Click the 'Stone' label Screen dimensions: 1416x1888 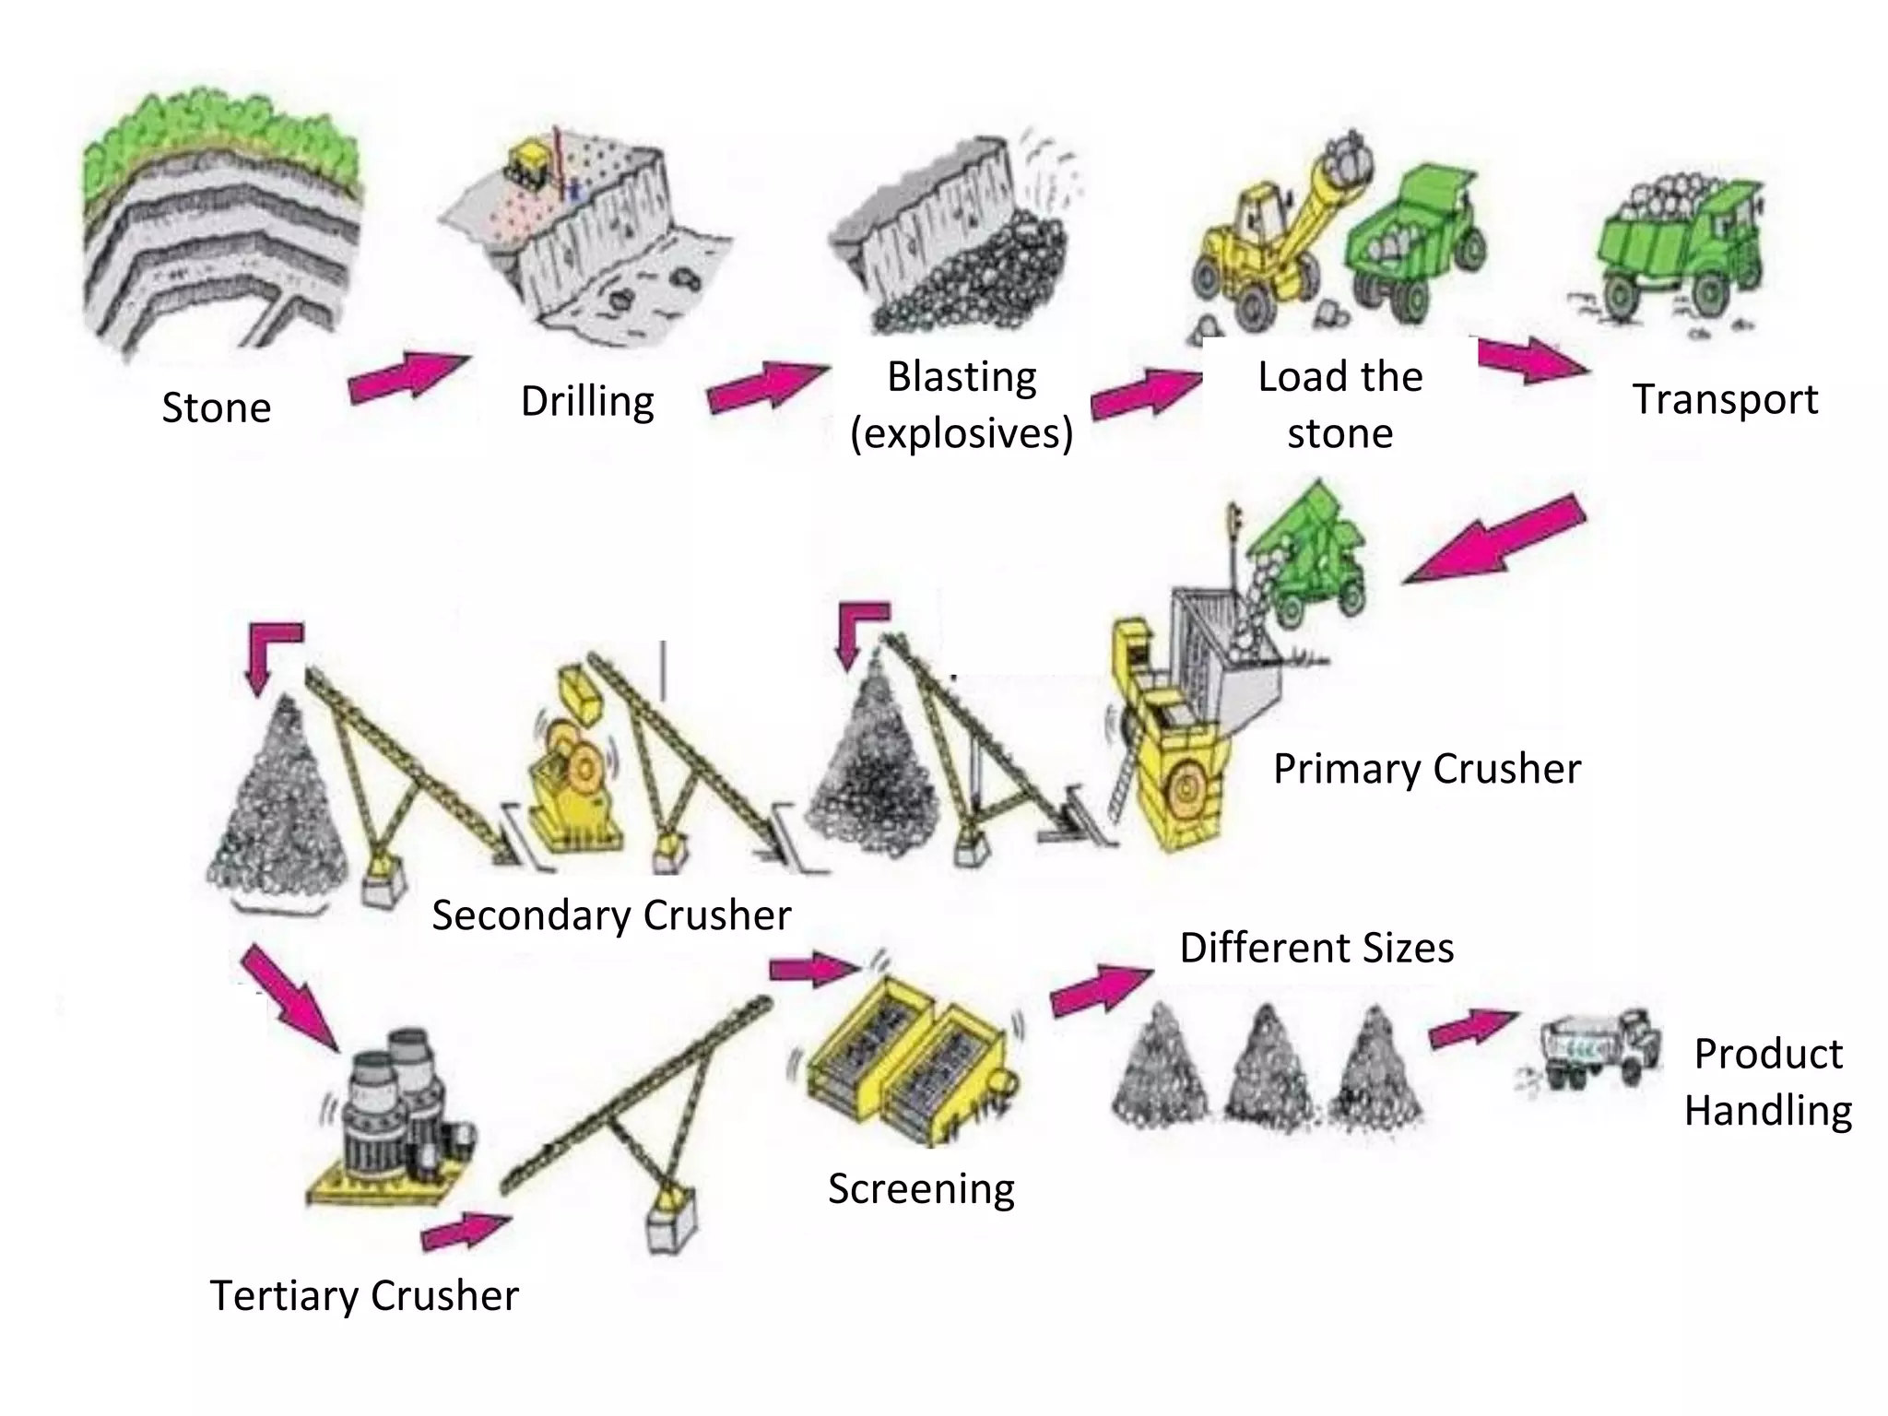click(216, 407)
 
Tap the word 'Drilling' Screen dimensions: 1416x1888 click(587, 401)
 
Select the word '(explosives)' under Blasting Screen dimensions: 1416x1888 click(961, 433)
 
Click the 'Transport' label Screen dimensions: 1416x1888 click(1724, 399)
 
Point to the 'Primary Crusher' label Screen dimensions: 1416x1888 click(1426, 769)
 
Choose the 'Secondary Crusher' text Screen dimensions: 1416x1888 click(610, 915)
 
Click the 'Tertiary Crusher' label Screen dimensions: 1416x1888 click(364, 1295)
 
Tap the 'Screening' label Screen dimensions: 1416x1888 click(920, 1188)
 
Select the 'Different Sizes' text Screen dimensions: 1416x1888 click(1316, 948)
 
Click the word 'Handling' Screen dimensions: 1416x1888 click(1767, 1110)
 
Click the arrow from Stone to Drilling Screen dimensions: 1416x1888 click(407, 376)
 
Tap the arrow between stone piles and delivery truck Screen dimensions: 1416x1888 click(1472, 1028)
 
